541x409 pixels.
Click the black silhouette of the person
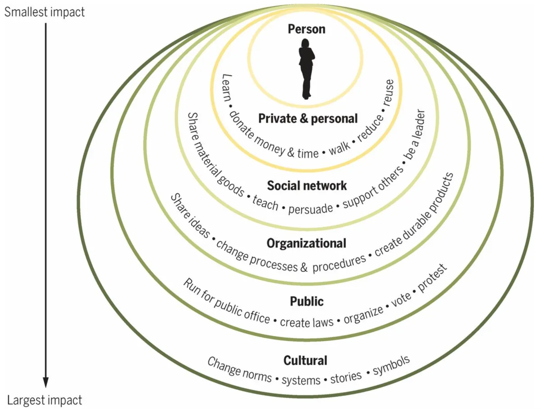point(306,68)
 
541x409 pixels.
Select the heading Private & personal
point(308,118)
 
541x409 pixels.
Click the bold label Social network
point(307,186)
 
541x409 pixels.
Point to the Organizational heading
point(307,243)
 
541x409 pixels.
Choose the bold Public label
point(307,301)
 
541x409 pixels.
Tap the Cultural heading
point(305,360)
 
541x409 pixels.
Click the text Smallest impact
point(44,12)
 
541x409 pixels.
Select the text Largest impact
point(45,400)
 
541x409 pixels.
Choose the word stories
point(346,376)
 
